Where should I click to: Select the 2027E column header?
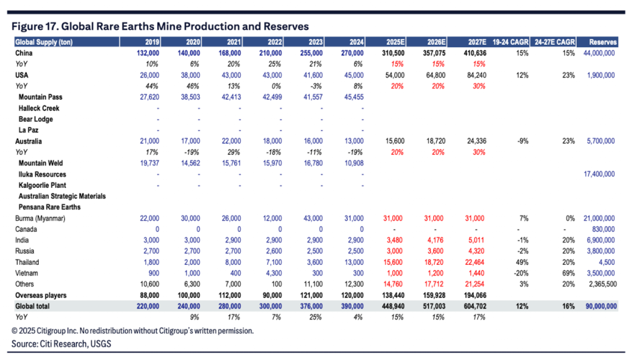click(x=473, y=41)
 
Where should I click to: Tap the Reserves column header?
click(x=602, y=41)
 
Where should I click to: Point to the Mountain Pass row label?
click(x=39, y=97)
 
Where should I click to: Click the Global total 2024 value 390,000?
click(x=352, y=306)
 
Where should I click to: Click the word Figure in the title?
click(x=29, y=26)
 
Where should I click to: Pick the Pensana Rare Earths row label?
click(x=50, y=207)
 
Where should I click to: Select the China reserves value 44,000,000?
click(x=598, y=53)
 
